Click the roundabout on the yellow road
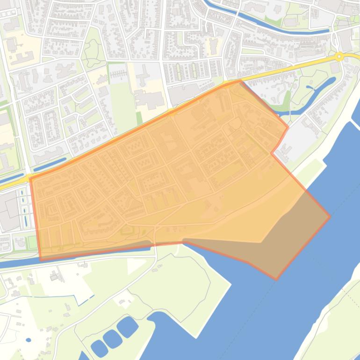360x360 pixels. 339,57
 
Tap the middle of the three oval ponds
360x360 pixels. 113,338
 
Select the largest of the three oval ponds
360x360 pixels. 128,327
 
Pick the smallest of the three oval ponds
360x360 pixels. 99,348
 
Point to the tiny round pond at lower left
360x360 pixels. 29,340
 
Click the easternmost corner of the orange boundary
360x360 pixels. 330,216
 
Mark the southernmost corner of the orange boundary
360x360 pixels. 276,280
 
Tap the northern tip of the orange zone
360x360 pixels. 240,80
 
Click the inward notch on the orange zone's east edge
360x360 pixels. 272,152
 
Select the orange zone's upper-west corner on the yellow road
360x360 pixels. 30,178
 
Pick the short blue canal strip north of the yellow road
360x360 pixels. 50,165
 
